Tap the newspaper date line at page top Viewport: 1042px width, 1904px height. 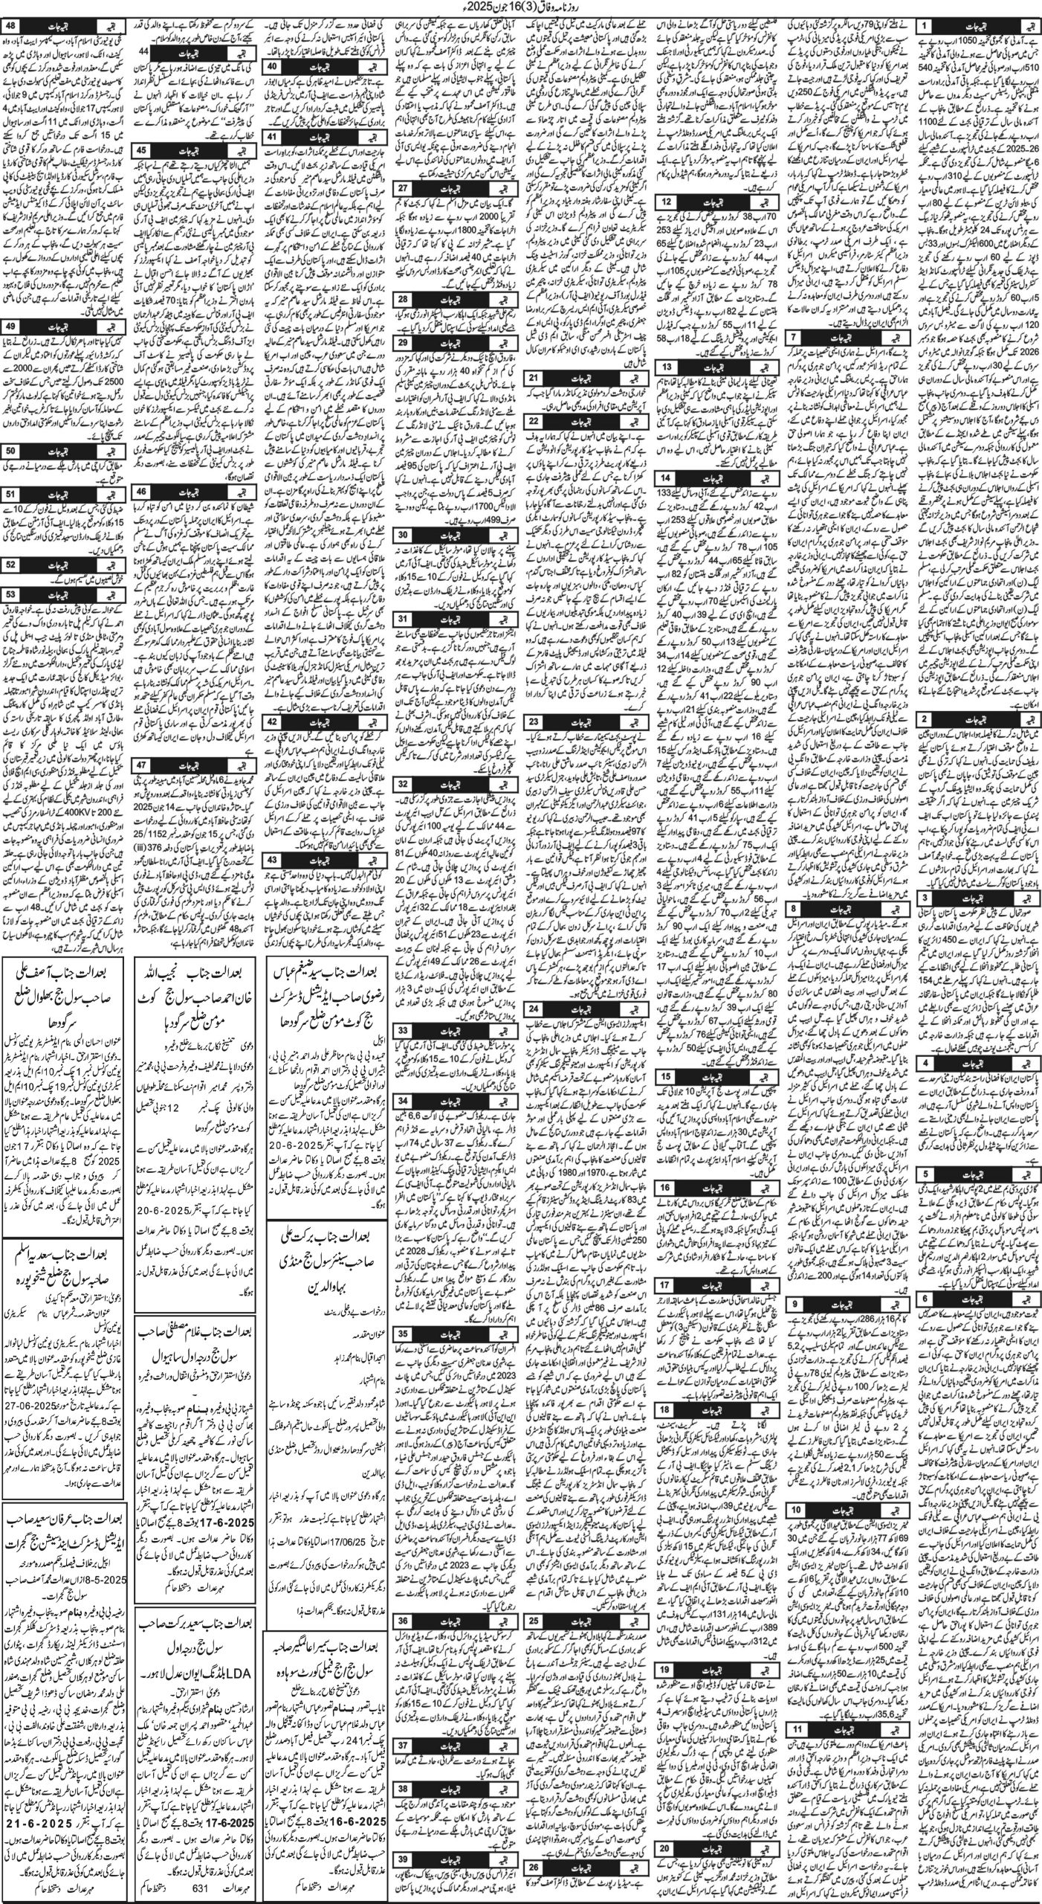pyautogui.click(x=520, y=8)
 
